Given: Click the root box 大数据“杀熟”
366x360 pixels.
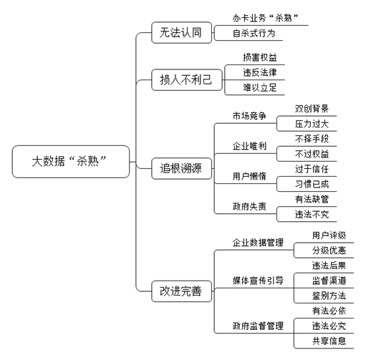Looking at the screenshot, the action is click(x=71, y=162).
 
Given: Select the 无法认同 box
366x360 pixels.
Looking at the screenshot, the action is click(x=181, y=32).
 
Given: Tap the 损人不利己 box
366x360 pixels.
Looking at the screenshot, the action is click(x=187, y=79).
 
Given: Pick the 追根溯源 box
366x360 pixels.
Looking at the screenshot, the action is click(x=181, y=168).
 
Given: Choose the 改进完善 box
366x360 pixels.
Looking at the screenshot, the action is click(x=181, y=291).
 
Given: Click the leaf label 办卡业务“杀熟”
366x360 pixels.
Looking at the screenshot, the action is click(x=266, y=18).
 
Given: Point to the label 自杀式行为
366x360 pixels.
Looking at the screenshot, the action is click(x=254, y=33).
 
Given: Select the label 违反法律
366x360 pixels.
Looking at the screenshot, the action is click(x=260, y=72).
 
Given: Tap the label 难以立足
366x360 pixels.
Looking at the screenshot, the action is click(x=260, y=87).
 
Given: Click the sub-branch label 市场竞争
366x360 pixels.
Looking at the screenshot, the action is click(x=249, y=116).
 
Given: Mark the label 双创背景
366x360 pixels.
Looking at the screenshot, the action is click(x=312, y=109).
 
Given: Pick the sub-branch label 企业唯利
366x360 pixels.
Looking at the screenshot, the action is click(x=249, y=146).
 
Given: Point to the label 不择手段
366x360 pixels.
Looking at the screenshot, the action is click(x=312, y=139).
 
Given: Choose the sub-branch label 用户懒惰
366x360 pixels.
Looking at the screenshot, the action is click(x=249, y=176).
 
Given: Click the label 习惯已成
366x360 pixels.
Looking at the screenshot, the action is click(x=312, y=184).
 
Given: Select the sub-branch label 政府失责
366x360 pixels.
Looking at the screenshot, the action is click(x=249, y=206).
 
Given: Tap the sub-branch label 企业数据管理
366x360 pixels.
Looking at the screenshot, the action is click(x=258, y=243).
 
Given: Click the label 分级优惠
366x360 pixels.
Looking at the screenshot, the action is click(x=329, y=250).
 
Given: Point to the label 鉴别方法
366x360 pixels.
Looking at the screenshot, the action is click(x=329, y=296).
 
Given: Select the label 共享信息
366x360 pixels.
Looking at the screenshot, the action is click(x=329, y=341).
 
